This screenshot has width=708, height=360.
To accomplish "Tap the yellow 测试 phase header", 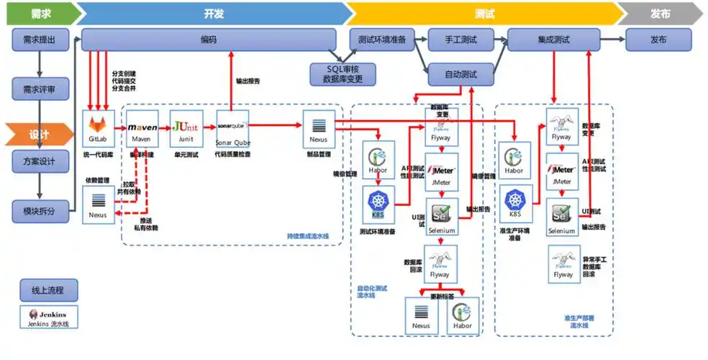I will [484, 13].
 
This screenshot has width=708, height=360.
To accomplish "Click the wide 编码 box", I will [209, 40].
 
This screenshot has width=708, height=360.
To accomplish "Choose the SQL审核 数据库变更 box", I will [342, 73].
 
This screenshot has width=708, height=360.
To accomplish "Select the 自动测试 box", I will [461, 73].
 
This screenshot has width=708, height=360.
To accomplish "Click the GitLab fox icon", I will [98, 127].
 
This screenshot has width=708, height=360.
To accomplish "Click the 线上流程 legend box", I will [47, 291].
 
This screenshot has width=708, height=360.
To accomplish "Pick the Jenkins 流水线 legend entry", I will [47, 318].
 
